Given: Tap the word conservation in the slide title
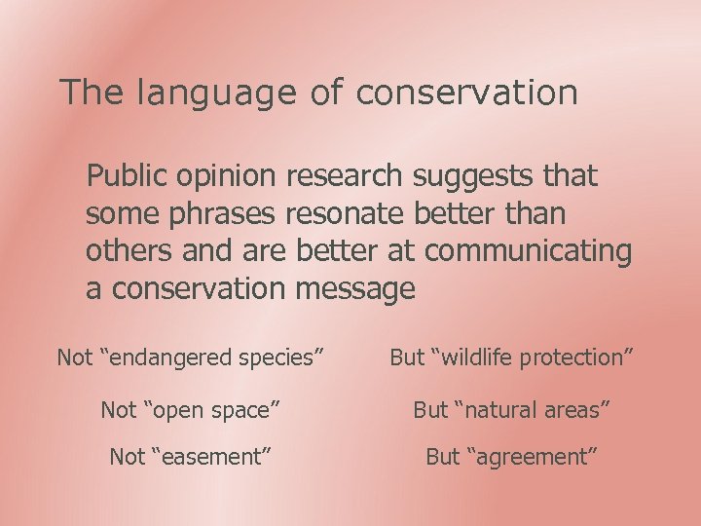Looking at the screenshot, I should [466, 93].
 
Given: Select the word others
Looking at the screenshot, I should [129, 250].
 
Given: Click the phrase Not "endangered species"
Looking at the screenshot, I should [191, 357].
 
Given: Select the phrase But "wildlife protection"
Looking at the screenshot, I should [512, 357].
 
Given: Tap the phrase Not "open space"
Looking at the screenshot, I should [191, 410].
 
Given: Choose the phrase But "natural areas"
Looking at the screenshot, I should [512, 410].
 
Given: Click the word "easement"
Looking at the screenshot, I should [211, 456].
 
